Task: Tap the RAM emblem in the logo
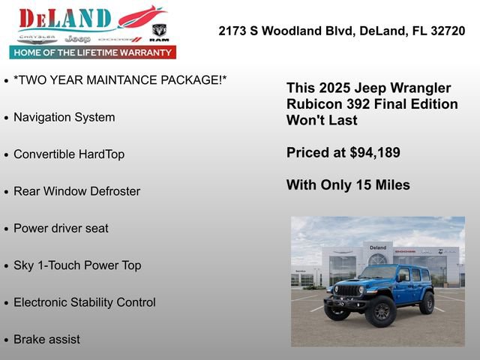tap(159, 31)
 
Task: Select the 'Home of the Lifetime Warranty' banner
tap(93, 52)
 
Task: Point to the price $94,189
tap(375, 152)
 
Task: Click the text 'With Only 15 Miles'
tap(348, 185)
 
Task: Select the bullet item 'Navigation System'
tap(64, 117)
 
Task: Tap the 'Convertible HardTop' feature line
tap(69, 154)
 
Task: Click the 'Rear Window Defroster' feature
tap(76, 191)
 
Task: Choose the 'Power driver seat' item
tap(61, 228)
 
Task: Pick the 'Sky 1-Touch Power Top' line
tap(77, 265)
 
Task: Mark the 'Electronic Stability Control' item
tap(84, 302)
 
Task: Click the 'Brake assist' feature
tap(46, 339)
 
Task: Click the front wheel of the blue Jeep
tap(379, 311)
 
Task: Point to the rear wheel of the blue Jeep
tap(427, 302)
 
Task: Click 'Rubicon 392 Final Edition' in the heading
tap(372, 103)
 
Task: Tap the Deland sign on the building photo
tap(378, 247)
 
